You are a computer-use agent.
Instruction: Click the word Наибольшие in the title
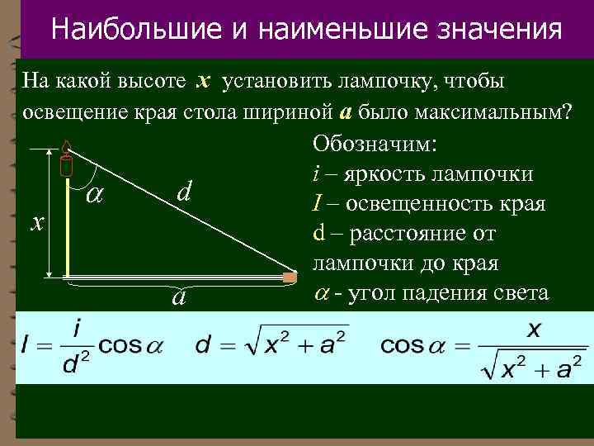134,30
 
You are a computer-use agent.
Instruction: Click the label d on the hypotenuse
185,192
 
